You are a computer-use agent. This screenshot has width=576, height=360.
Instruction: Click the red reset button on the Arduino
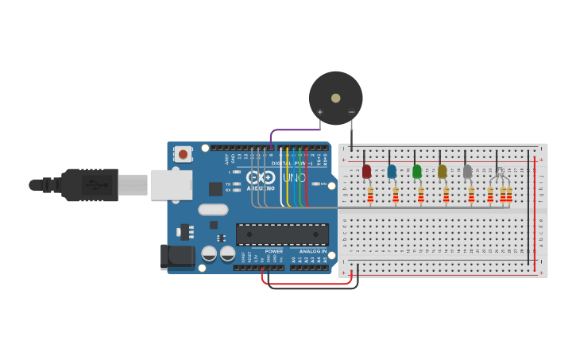tap(184, 154)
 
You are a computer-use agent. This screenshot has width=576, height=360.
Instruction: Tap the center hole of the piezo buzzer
tap(335, 98)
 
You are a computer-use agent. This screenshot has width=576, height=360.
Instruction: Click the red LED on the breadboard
tap(366, 172)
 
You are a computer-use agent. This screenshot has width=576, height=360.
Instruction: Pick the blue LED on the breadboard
tap(392, 172)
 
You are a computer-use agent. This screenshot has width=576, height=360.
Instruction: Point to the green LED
tap(417, 172)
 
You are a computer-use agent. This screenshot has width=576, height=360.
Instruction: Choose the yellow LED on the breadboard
tap(443, 172)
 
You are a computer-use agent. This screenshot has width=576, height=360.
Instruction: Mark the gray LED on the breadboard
tap(467, 172)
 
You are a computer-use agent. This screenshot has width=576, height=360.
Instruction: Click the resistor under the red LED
tap(370, 194)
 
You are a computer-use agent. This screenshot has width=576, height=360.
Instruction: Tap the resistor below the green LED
tap(421, 194)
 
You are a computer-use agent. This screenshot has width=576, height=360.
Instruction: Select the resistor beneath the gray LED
tap(471, 194)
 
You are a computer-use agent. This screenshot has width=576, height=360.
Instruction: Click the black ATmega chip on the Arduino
tap(282, 234)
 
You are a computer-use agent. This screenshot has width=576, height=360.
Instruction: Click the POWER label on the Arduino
tap(274, 251)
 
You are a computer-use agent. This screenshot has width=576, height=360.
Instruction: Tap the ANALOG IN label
tap(313, 251)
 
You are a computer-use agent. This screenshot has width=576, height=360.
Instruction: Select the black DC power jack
tap(176, 256)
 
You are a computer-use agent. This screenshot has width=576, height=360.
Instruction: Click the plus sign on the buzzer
tap(320, 112)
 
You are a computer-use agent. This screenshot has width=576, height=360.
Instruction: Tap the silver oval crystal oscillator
tap(213, 210)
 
